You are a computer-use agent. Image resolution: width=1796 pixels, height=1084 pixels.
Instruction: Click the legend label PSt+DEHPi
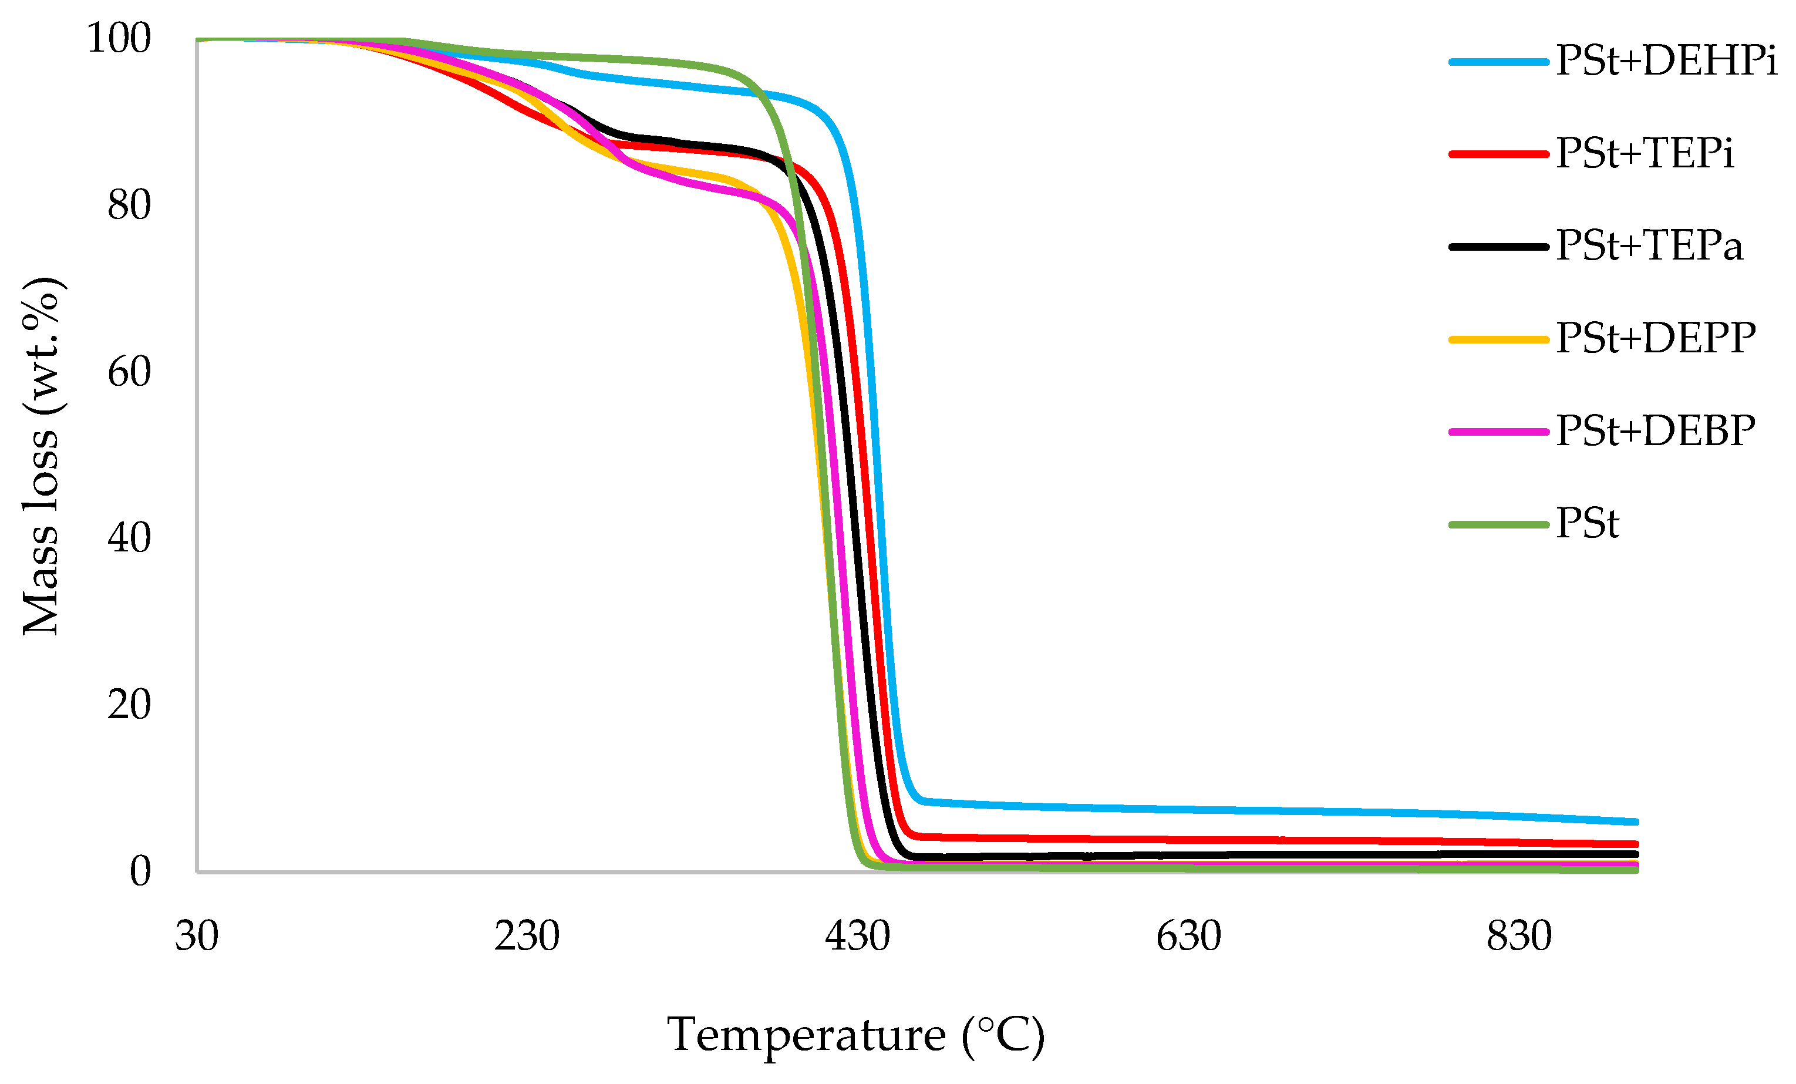(1666, 60)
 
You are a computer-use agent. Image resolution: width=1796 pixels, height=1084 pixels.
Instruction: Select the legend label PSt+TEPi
(1645, 153)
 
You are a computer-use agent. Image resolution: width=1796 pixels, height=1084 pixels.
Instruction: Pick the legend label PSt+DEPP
(1655, 338)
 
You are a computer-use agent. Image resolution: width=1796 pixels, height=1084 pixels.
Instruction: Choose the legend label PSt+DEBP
(1655, 431)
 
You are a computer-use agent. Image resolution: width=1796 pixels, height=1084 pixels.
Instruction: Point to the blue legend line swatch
(1498, 62)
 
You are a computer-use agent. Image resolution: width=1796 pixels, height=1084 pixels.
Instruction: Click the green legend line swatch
(1498, 525)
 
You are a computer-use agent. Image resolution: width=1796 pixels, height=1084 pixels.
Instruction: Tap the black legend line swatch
(1498, 247)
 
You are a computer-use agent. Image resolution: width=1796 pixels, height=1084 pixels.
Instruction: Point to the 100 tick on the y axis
(119, 38)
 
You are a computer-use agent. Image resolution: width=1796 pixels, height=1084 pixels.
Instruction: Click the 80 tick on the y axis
(129, 205)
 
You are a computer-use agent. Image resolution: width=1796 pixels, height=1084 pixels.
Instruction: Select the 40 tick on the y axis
(129, 538)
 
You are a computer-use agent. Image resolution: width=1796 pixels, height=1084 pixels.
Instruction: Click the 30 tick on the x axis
(196, 936)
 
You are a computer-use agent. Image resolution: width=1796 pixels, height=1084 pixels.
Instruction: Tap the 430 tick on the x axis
(857, 936)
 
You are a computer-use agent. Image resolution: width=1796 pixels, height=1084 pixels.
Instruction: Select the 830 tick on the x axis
(1519, 936)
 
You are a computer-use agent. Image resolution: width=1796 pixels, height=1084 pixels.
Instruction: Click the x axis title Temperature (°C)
(855, 1035)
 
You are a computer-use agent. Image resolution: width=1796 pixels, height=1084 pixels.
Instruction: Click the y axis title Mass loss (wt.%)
(42, 456)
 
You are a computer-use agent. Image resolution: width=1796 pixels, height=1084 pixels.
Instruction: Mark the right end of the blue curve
(1636, 822)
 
